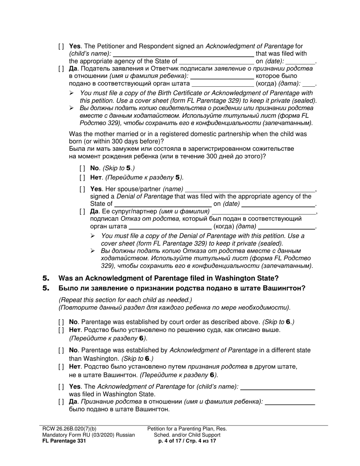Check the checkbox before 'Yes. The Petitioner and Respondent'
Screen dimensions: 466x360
pos(61,46)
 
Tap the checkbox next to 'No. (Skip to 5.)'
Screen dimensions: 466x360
pos(82,168)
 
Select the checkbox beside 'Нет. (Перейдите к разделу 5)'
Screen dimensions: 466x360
pos(82,177)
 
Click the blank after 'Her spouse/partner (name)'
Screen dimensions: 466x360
pos(250,189)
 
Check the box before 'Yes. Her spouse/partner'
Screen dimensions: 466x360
pos(82,189)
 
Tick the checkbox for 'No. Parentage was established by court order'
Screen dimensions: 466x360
pos(61,322)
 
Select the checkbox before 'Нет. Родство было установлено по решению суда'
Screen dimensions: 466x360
pos(61,330)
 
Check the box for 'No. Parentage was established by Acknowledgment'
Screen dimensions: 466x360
pos(61,350)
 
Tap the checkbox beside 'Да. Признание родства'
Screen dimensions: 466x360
pos(61,402)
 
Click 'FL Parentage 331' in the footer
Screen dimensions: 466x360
pos(61,441)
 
